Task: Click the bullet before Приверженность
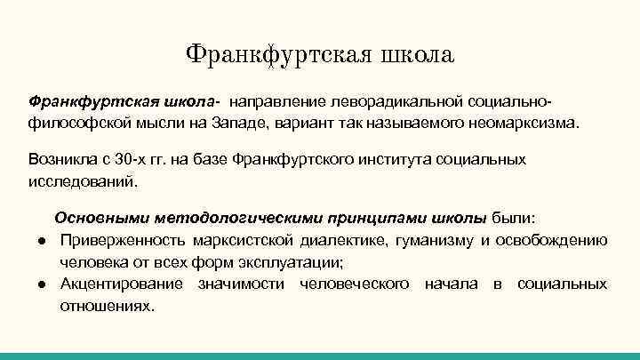point(43,241)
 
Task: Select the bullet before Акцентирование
point(43,284)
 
